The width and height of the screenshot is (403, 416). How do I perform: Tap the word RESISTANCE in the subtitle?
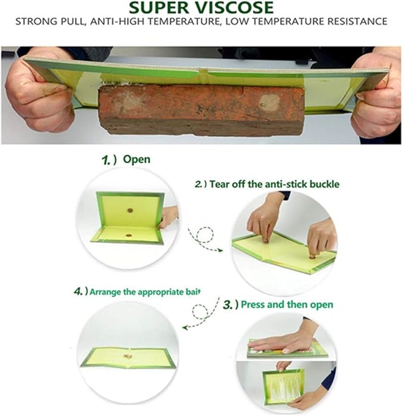click(x=357, y=21)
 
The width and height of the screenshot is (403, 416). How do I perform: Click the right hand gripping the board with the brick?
click(x=377, y=96)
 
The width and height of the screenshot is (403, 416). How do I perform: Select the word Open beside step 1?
click(x=137, y=160)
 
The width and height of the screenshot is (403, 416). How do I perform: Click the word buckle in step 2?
click(x=325, y=184)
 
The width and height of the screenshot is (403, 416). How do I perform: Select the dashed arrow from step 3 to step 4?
click(x=201, y=313)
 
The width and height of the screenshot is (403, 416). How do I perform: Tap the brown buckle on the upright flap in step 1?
click(x=130, y=211)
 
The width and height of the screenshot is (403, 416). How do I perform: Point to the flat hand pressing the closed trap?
click(x=278, y=342)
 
